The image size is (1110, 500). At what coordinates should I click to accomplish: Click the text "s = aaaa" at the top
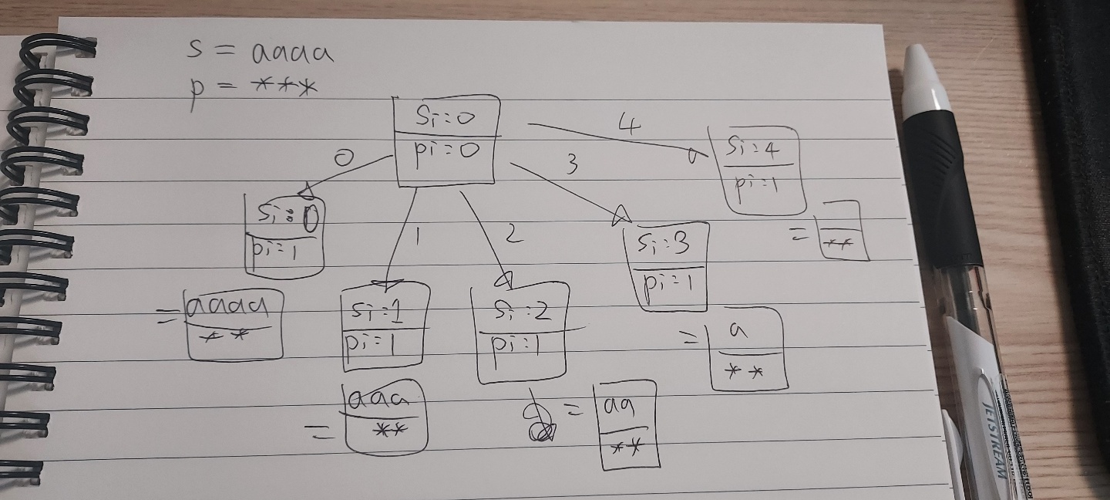tap(261, 52)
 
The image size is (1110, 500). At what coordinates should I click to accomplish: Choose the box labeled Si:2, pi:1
tap(522, 332)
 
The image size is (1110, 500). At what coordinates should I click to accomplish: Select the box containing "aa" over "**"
tap(626, 425)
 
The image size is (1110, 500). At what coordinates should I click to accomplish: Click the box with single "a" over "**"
tap(746, 350)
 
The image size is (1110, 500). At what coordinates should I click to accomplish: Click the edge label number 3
tap(572, 164)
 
